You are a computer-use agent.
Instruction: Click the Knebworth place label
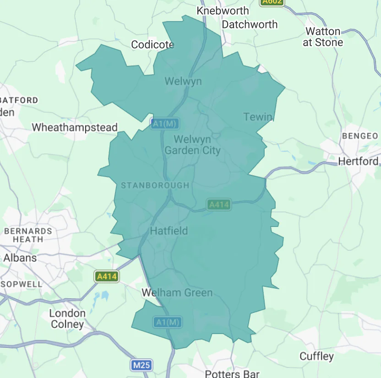click(x=223, y=11)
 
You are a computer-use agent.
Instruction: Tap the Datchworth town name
click(x=250, y=24)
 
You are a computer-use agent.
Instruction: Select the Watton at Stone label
click(x=323, y=37)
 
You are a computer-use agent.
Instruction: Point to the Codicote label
click(x=152, y=44)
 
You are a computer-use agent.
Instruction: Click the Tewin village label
click(x=258, y=117)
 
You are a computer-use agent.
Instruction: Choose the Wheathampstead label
click(x=75, y=127)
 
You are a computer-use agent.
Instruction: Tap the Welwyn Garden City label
click(x=192, y=145)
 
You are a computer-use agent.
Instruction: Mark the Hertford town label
click(x=358, y=161)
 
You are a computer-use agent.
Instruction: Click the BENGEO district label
click(x=360, y=136)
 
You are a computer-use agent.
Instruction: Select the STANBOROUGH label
click(x=155, y=185)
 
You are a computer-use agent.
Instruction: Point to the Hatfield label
click(x=169, y=231)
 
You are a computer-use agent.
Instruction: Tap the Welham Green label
click(x=177, y=292)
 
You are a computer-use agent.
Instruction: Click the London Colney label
click(x=67, y=319)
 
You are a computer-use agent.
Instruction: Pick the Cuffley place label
click(x=316, y=356)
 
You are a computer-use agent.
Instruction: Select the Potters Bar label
click(x=229, y=373)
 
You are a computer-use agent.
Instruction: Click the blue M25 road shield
click(x=142, y=365)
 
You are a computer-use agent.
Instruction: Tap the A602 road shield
click(x=272, y=2)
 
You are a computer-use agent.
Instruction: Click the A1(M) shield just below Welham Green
click(x=167, y=322)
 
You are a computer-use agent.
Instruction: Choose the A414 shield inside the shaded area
click(x=218, y=205)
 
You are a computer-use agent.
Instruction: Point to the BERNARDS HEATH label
click(x=28, y=235)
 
